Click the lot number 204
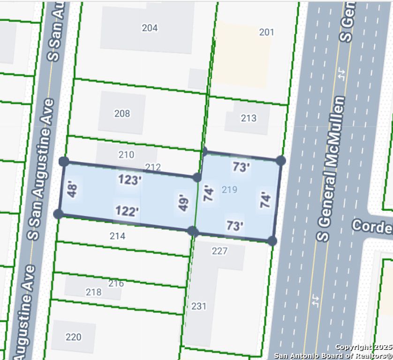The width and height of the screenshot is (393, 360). tap(150, 28)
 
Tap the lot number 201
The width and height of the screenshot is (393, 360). tap(266, 32)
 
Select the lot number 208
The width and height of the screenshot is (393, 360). tap(122, 113)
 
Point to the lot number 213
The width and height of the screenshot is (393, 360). tap(249, 118)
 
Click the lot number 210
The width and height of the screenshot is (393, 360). tap(126, 155)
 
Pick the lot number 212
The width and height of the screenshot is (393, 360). tap(153, 167)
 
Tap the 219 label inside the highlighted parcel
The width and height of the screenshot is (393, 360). tap(229, 189)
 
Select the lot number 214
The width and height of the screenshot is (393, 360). tap(117, 236)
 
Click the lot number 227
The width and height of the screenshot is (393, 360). tap(219, 251)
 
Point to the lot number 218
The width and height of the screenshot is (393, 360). tap(93, 292)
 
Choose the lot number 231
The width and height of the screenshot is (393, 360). tap(199, 306)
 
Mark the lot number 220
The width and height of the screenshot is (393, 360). tap(73, 337)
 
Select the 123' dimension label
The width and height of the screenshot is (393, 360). tap(129, 180)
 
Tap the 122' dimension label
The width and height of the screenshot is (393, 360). tap(127, 211)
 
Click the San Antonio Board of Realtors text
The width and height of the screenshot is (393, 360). tap(333, 355)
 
